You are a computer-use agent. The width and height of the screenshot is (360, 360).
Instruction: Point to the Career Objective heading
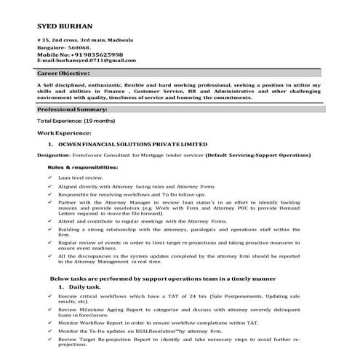click(x=63, y=73)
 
